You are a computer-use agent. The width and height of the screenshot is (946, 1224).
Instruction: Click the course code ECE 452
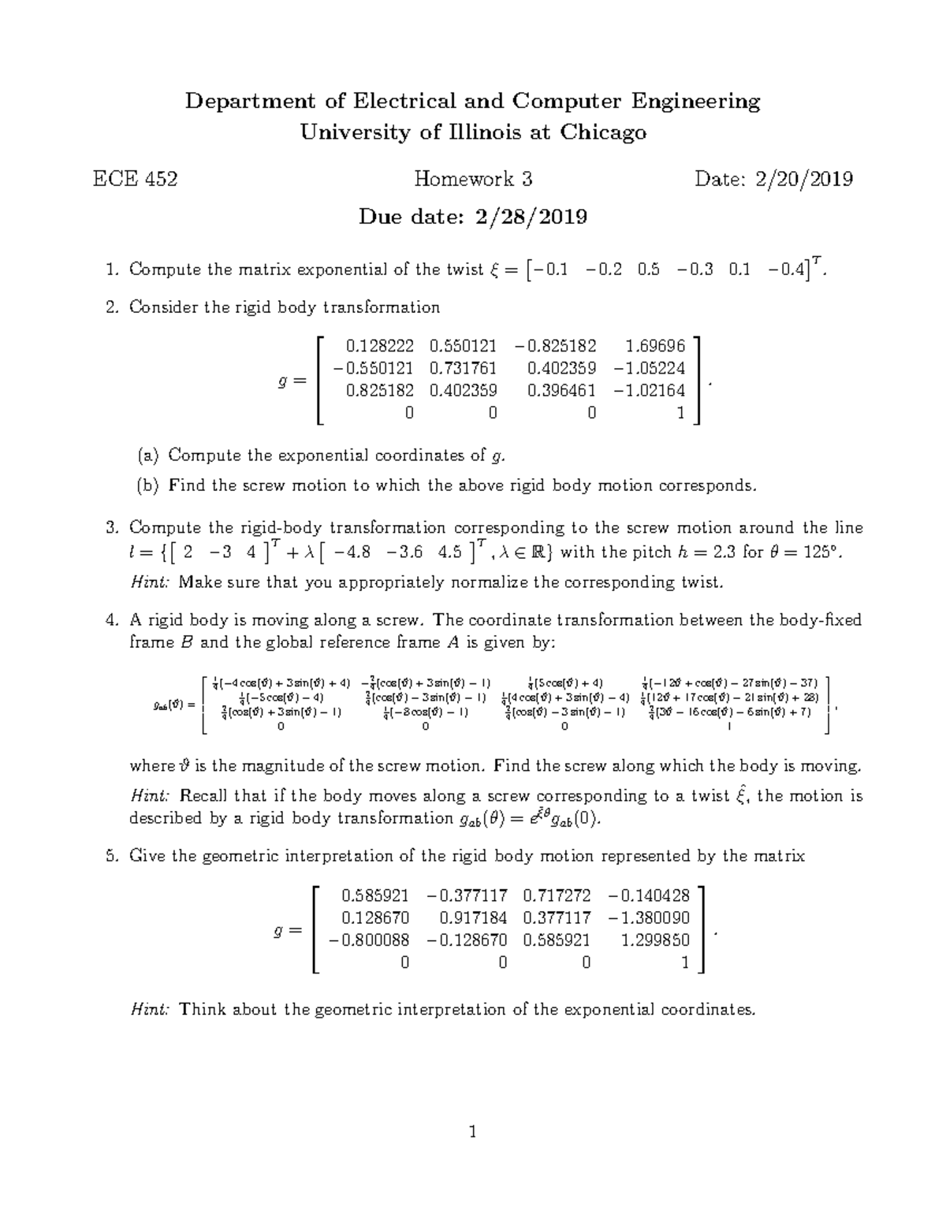click(135, 180)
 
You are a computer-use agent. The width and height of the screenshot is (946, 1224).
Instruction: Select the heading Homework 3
click(473, 180)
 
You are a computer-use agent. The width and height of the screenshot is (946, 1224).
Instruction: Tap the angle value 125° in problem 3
click(821, 552)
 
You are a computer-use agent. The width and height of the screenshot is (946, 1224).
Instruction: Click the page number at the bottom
click(473, 1133)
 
